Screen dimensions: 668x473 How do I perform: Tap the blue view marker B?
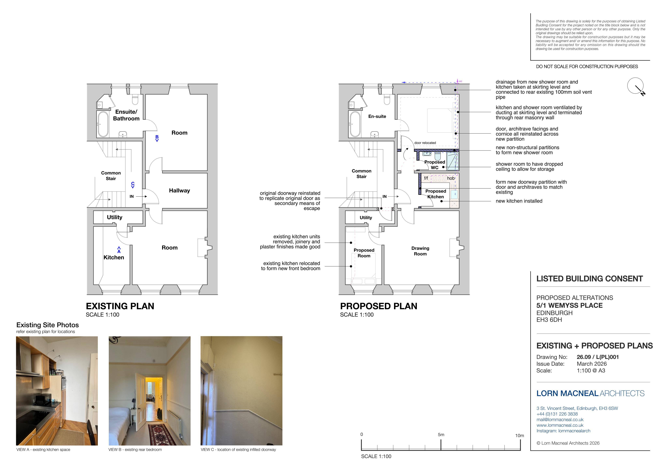[x=157, y=138]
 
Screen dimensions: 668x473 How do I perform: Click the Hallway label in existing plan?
[x=180, y=191]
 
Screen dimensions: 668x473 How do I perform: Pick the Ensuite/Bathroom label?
[x=126, y=115]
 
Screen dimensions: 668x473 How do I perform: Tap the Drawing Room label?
[x=420, y=251]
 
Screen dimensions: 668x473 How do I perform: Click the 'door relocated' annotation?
[x=425, y=143]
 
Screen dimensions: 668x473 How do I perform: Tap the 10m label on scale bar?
[x=520, y=436]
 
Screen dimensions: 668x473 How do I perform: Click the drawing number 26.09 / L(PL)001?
[x=598, y=357]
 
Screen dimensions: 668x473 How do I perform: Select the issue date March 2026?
[x=592, y=364]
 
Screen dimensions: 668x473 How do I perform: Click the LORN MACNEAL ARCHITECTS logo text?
[x=591, y=393]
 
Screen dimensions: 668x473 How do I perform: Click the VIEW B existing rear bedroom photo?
[x=150, y=391]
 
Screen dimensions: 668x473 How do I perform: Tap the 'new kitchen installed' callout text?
[x=519, y=201]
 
